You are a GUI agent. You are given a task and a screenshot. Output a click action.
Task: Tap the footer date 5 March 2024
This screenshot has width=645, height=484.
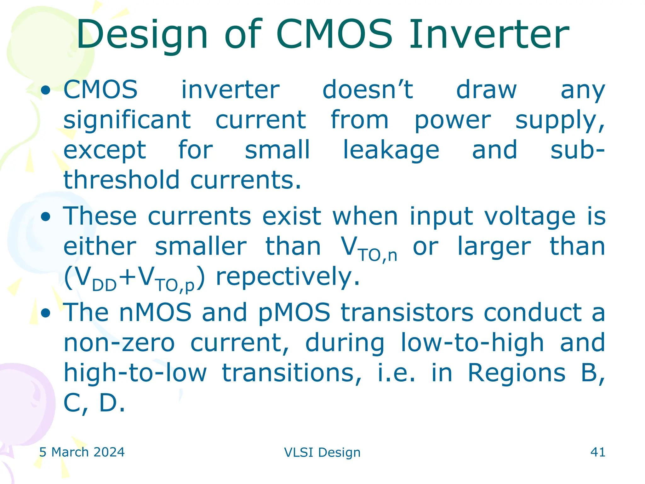tap(82, 452)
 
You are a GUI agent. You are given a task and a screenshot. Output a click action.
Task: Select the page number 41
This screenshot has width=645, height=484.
tap(598, 452)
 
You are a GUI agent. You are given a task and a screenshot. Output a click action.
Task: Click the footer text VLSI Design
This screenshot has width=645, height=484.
tap(322, 452)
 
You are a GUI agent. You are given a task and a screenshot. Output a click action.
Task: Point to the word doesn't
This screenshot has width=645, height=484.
tap(368, 89)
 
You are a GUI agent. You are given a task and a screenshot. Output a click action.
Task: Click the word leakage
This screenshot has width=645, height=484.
tap(391, 150)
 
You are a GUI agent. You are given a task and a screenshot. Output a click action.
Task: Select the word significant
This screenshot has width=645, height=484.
tap(127, 120)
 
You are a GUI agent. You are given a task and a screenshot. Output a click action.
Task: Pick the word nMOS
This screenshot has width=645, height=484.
tap(155, 312)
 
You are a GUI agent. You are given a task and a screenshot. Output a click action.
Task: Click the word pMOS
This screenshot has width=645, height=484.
tap(294, 312)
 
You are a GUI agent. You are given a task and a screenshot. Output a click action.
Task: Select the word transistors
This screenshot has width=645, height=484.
tap(407, 312)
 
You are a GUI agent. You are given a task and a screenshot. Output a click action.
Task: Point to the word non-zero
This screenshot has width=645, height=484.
tap(119, 343)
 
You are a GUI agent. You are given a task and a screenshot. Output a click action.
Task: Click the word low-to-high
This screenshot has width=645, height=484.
tap(472, 343)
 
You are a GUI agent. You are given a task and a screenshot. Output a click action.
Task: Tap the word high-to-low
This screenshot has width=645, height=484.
tap(135, 373)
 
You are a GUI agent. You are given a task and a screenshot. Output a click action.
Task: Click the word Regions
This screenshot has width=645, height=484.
tap(517, 373)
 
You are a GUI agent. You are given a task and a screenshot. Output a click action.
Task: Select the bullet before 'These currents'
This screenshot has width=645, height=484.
tap(46, 217)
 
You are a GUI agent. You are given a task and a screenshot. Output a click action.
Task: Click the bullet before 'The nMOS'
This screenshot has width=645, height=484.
tap(46, 313)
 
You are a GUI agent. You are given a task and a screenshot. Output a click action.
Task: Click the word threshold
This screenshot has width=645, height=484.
tap(121, 180)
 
